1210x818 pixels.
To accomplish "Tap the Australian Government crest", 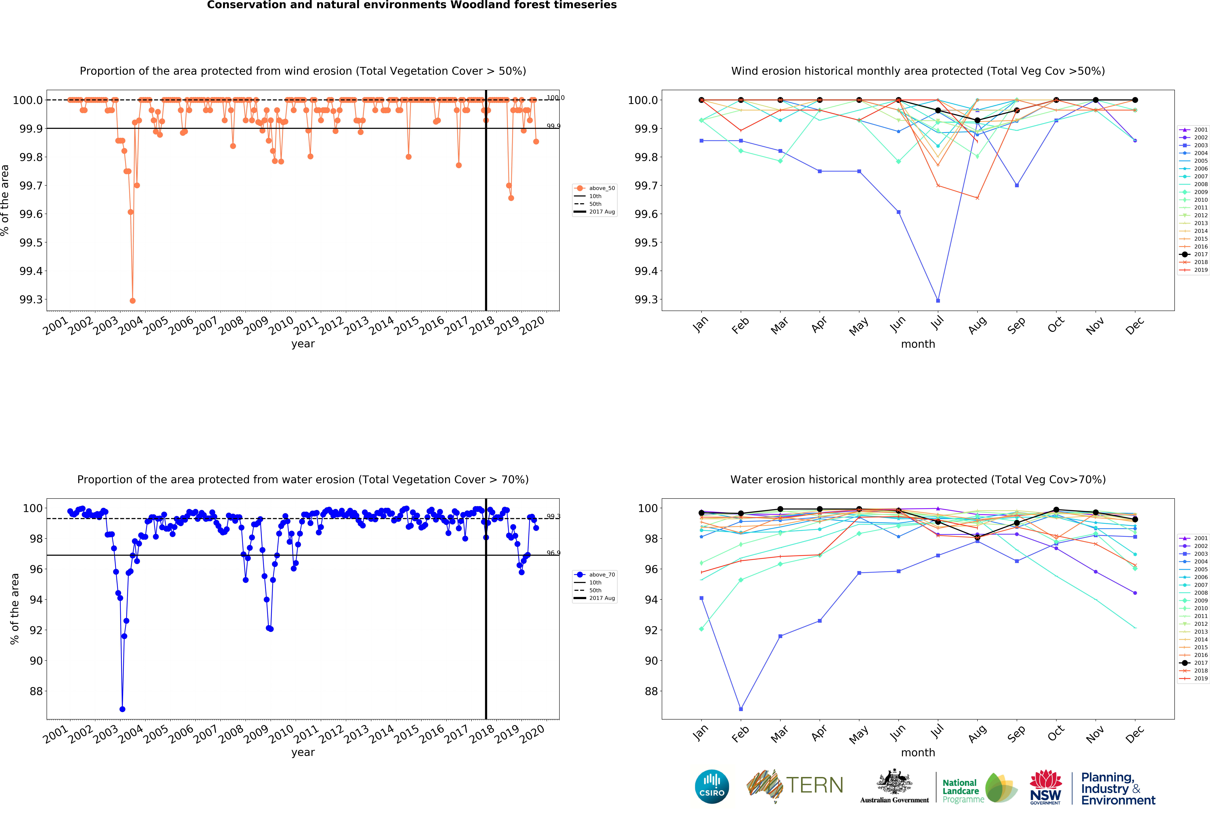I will (x=894, y=781).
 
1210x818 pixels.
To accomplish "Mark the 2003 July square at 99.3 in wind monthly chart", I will (x=938, y=301).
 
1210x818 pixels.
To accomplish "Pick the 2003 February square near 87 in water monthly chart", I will (x=741, y=709).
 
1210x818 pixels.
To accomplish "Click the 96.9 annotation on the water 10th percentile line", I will (x=553, y=553).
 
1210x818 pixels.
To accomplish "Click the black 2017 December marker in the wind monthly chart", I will (x=1135, y=100).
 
